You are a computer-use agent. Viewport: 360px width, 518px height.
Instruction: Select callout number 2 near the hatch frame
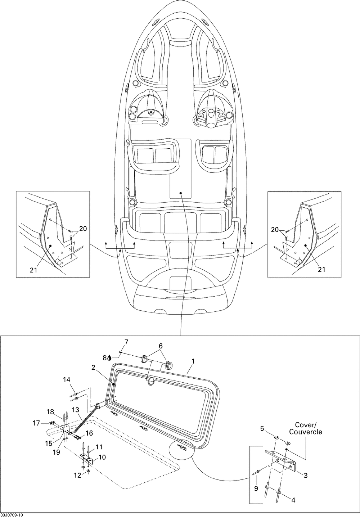93,368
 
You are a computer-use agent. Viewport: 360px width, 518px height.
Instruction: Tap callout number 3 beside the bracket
305,476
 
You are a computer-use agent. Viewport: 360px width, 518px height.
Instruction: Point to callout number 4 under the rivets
293,500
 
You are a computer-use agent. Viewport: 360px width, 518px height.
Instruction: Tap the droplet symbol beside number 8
109,358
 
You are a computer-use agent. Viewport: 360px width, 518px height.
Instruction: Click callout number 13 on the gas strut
75,409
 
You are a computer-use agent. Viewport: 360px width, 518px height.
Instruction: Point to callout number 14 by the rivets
67,379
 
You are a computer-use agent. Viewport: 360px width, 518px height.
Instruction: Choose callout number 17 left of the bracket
36,423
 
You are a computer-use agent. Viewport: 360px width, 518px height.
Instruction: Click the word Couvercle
306,432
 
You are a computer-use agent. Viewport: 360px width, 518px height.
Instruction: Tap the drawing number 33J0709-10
12,515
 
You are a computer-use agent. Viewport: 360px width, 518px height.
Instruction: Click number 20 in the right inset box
275,229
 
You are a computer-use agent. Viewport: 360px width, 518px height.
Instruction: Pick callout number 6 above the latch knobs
161,346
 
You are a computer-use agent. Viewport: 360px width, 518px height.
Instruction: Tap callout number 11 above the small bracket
99,447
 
